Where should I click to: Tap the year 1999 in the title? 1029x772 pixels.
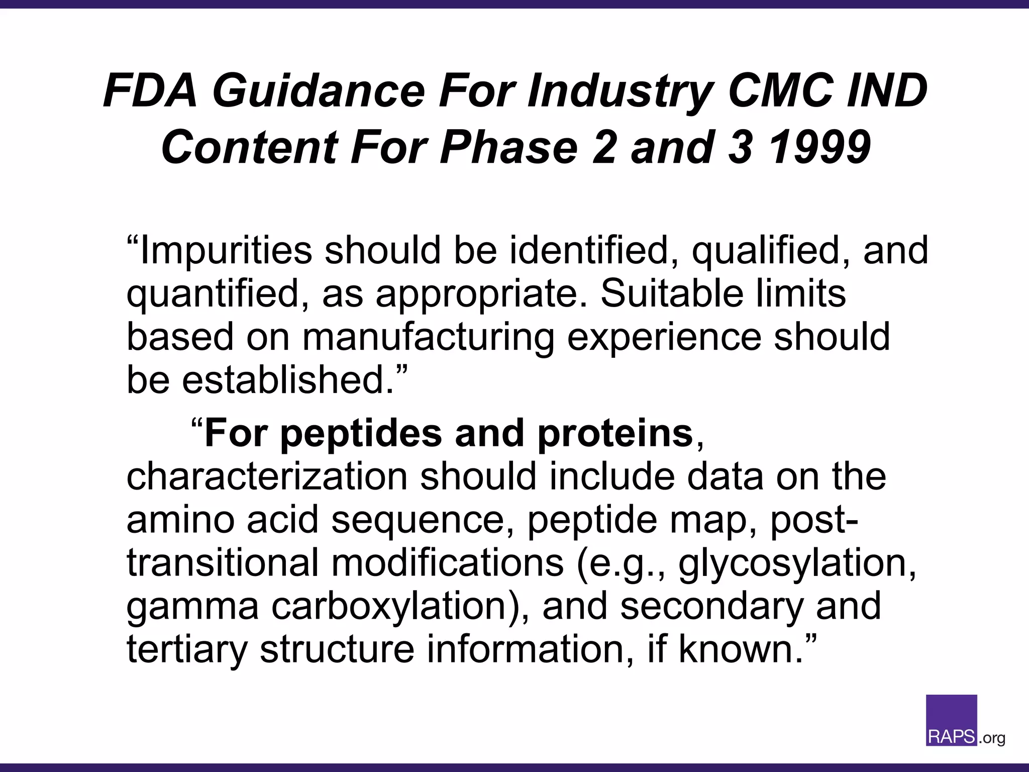(x=819, y=147)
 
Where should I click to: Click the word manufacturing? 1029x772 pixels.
(x=428, y=337)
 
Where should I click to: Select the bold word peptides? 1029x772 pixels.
(x=361, y=433)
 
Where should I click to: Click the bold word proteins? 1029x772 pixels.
(x=615, y=433)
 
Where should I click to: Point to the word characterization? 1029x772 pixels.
(x=267, y=476)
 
